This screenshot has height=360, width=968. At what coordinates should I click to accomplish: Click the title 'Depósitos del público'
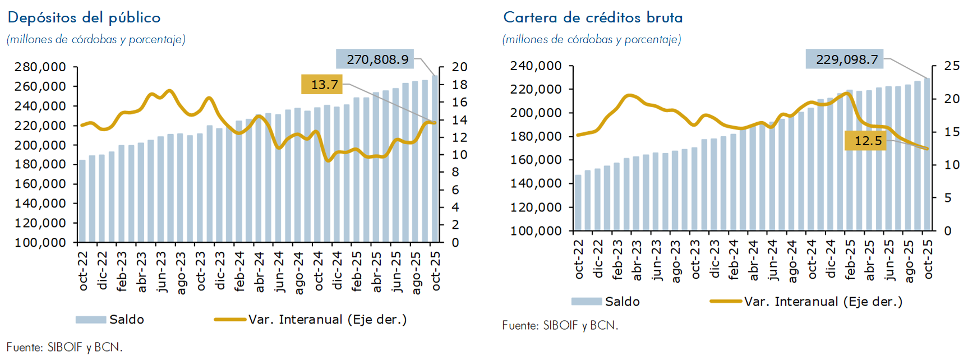[84, 17]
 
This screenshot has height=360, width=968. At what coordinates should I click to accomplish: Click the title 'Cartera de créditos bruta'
[593, 17]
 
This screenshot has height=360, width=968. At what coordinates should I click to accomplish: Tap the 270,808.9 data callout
[375, 59]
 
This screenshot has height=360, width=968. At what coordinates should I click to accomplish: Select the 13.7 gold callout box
[325, 85]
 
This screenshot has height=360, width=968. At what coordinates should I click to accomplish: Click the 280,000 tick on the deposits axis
[40, 67]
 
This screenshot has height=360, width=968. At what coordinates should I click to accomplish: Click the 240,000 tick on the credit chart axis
[536, 66]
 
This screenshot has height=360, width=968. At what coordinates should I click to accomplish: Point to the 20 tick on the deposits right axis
[459, 67]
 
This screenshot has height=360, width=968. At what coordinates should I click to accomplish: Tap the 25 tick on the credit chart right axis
[952, 66]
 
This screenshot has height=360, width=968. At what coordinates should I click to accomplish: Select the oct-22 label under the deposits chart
[83, 271]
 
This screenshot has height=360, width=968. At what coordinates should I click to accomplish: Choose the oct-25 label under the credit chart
[928, 259]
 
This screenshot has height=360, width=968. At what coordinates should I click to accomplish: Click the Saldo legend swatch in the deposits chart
[91, 320]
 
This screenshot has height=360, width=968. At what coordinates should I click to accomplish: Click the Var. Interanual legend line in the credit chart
[726, 301]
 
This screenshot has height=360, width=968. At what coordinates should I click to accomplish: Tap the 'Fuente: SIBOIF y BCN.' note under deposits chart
[64, 347]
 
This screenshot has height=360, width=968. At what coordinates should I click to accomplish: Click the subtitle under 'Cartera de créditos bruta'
[592, 39]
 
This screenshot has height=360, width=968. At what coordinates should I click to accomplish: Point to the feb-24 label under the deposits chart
[239, 271]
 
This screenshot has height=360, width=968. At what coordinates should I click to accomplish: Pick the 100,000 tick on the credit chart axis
[536, 230]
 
